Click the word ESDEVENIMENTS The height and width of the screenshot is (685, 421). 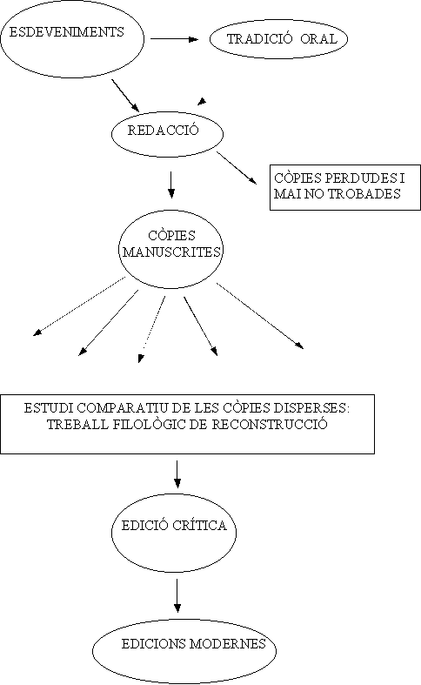(x=66, y=32)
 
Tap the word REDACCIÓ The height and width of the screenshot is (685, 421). (x=163, y=131)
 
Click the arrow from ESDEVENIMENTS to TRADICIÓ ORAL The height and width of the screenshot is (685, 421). (x=174, y=39)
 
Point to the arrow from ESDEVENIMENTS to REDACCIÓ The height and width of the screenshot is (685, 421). (x=125, y=95)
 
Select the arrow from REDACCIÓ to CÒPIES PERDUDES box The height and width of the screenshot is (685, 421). (x=237, y=168)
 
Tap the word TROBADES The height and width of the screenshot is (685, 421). (x=364, y=194)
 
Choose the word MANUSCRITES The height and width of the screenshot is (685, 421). (x=171, y=252)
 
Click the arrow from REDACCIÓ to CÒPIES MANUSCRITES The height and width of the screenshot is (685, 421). (x=171, y=185)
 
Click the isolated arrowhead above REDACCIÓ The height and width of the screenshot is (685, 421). (x=202, y=101)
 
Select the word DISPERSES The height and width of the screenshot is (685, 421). (x=311, y=408)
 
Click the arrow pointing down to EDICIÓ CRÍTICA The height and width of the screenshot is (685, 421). (x=177, y=474)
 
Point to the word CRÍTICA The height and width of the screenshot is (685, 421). (x=199, y=525)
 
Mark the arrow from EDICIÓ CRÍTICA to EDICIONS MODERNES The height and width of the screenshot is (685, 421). (x=177, y=595)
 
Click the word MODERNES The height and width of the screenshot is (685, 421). (x=228, y=644)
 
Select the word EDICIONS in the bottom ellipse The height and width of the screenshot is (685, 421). (x=154, y=644)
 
